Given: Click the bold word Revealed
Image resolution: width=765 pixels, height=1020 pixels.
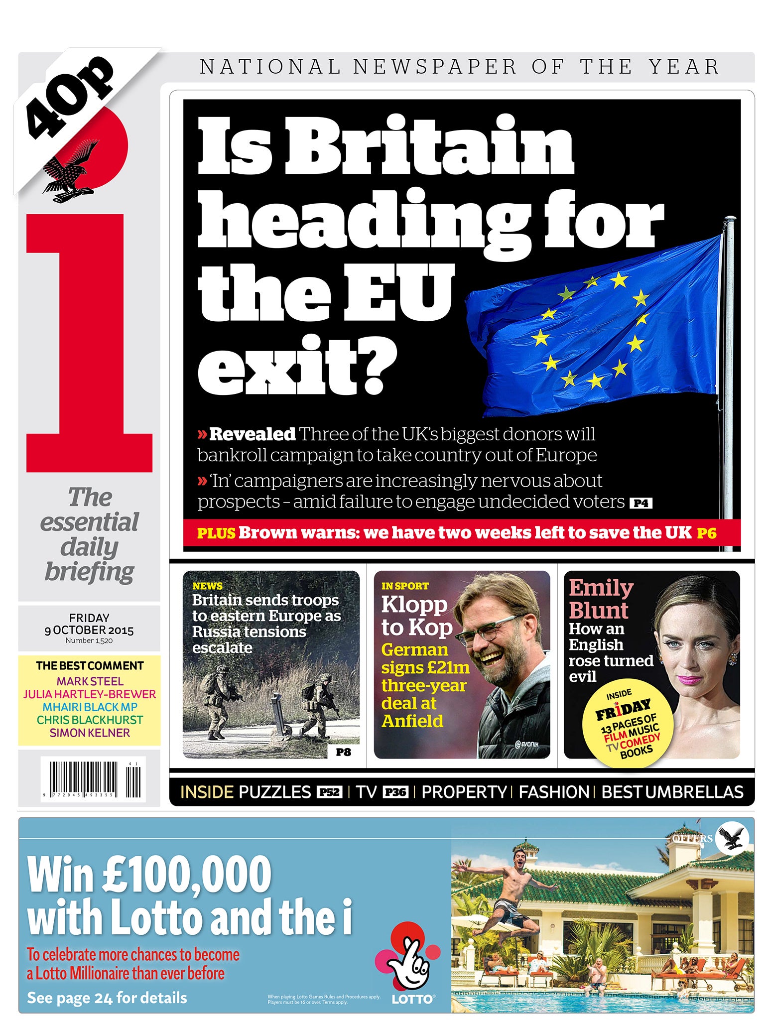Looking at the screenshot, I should click(x=252, y=434).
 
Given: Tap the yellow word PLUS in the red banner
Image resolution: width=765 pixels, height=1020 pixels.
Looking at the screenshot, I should click(x=216, y=533).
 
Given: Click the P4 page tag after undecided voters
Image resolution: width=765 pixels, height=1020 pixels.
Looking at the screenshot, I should click(x=640, y=504).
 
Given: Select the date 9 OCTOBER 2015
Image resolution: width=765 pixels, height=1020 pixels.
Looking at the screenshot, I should click(x=89, y=630).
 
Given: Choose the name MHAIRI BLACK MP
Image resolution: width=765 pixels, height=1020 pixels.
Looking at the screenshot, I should click(x=90, y=707).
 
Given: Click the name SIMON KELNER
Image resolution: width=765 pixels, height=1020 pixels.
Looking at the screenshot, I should click(x=90, y=733).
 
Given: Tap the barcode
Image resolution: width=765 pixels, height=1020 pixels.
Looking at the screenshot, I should click(x=93, y=779).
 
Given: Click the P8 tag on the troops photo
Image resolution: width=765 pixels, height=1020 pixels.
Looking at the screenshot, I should click(x=343, y=752).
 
